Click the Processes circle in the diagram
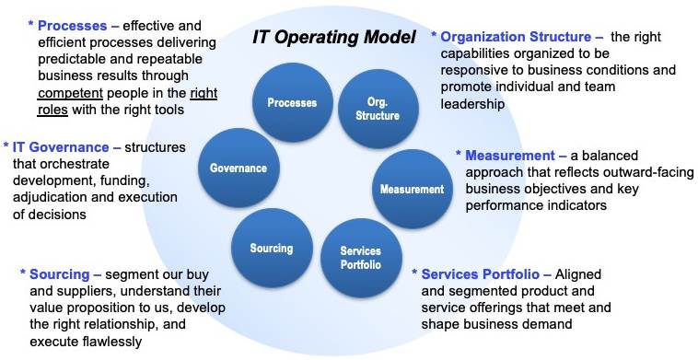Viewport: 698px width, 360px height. click(x=292, y=103)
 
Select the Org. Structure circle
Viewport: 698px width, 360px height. click(x=377, y=109)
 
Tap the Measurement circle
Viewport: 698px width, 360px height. click(x=412, y=189)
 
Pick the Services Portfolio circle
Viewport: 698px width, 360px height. click(x=360, y=257)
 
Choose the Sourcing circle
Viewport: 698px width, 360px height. click(x=271, y=249)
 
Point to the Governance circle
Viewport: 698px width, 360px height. click(x=238, y=168)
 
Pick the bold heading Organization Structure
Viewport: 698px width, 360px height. click(x=516, y=37)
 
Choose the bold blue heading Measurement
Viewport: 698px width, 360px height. click(x=509, y=156)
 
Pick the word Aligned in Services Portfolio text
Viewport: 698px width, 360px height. click(x=580, y=274)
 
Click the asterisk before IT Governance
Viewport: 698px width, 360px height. click(x=6, y=148)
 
